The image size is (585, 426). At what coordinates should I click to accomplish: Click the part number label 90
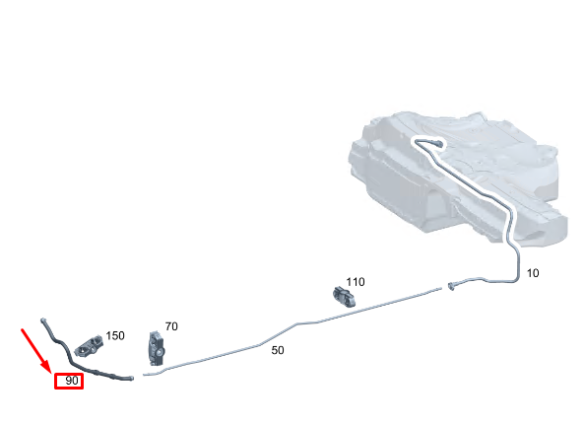coord(72,381)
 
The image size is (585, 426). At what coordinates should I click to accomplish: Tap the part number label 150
coord(115,335)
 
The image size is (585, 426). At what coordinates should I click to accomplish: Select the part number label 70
coord(171,326)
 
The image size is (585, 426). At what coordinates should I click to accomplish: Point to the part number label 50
coord(278,350)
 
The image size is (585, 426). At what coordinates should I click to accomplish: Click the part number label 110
coord(356,282)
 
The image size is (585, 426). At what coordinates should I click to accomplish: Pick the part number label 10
coord(533,273)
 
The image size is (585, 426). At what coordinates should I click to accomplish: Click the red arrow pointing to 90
coord(35,351)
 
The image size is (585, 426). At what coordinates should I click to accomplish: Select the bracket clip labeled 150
coord(89,346)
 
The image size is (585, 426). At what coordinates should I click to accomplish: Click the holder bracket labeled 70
coord(157,348)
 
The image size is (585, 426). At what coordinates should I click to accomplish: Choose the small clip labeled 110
coord(344,296)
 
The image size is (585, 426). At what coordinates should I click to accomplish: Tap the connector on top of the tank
coord(437,143)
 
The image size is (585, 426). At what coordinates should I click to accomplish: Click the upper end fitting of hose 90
coord(43,320)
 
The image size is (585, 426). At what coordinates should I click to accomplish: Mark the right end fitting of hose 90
coord(130,378)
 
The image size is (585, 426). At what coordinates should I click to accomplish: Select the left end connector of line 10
coord(451,287)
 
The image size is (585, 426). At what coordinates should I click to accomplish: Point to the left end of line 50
coord(144,375)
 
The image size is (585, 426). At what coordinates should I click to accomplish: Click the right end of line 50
coord(441,288)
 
